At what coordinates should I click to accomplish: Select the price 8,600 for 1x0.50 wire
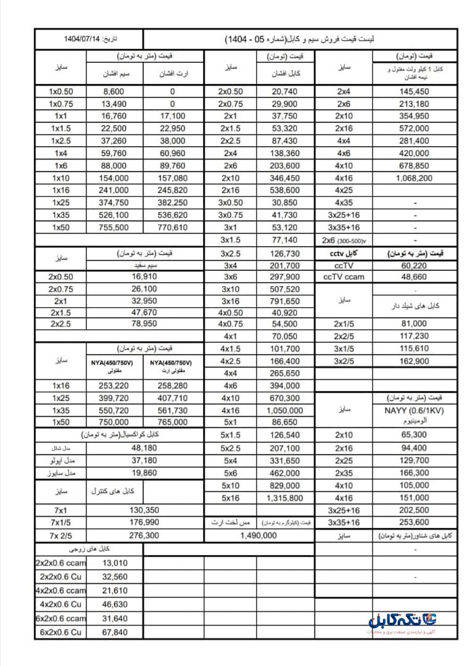[x=115, y=91]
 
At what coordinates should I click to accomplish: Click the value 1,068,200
[x=411, y=178]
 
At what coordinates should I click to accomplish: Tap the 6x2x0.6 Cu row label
[x=60, y=632]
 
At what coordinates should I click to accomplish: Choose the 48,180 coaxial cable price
[x=128, y=448]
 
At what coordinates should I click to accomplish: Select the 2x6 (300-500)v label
[x=343, y=239]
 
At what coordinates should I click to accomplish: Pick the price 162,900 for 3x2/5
[x=411, y=361]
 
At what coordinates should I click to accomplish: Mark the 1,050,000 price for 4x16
[x=284, y=410]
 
